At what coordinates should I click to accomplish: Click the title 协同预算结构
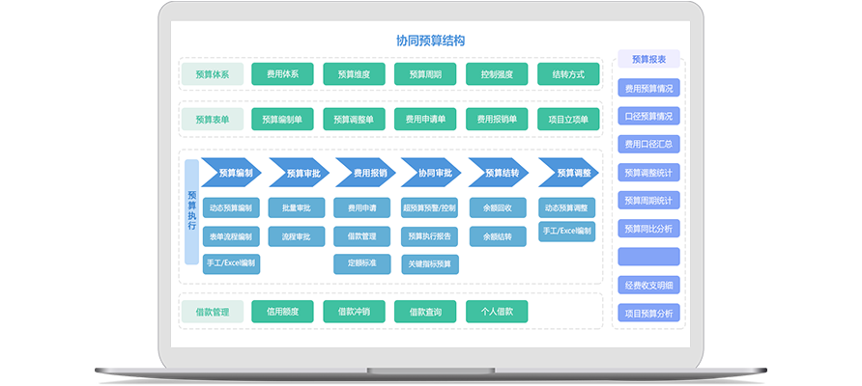(x=430, y=41)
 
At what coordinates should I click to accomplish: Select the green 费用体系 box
(x=282, y=74)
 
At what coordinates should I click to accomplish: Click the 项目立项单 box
(x=568, y=120)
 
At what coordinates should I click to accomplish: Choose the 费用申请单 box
(x=425, y=120)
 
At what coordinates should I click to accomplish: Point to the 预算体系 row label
(x=212, y=74)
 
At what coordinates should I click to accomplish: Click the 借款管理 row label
(x=212, y=312)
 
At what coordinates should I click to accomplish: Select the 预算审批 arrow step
(x=299, y=173)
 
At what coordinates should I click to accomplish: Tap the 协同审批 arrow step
(x=432, y=173)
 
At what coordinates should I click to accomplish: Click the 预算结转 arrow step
(x=499, y=173)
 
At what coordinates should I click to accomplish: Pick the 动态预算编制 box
(x=231, y=207)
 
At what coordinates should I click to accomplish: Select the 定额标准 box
(x=362, y=262)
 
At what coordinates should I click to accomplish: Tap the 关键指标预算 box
(x=431, y=262)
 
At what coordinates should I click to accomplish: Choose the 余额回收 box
(x=497, y=207)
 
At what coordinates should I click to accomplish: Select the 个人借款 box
(x=497, y=312)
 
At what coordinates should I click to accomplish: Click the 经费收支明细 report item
(x=648, y=285)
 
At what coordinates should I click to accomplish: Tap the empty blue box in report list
(x=648, y=257)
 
